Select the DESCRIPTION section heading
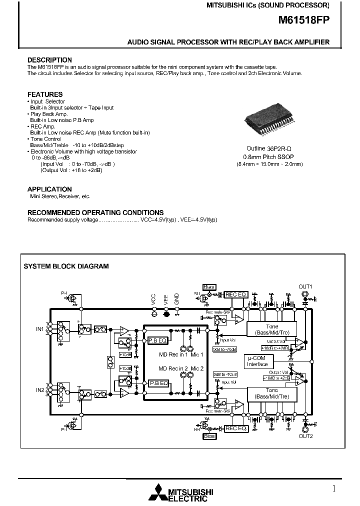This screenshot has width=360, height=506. point(49,60)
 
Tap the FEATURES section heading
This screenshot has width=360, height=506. point(45,94)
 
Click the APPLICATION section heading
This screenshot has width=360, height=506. point(49,189)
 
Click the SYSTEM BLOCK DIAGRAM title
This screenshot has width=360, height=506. point(66,266)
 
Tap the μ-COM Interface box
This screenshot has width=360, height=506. point(258,361)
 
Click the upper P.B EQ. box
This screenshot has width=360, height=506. point(157,340)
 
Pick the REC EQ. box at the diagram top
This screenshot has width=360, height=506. point(236,295)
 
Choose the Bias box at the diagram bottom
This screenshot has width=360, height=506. point(209,436)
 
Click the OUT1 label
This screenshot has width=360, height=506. point(305,286)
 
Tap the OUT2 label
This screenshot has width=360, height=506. point(305,436)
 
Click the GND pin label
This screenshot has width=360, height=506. point(176,299)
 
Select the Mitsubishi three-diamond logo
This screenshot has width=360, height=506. point(159,492)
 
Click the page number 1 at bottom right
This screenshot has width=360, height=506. point(334,488)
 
